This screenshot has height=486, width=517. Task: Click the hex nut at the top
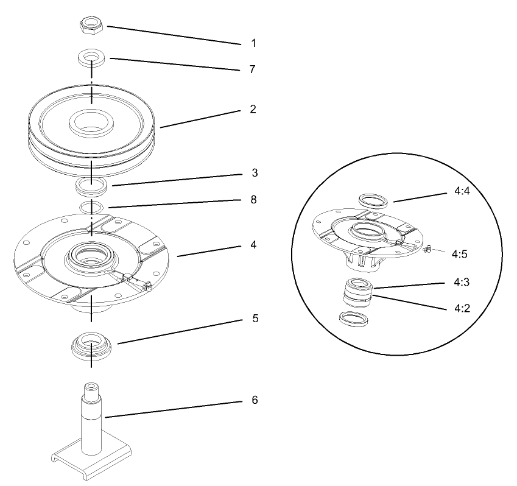[91, 26]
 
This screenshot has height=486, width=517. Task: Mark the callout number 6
[255, 400]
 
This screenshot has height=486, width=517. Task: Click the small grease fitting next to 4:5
[427, 248]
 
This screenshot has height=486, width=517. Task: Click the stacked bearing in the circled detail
[355, 292]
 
